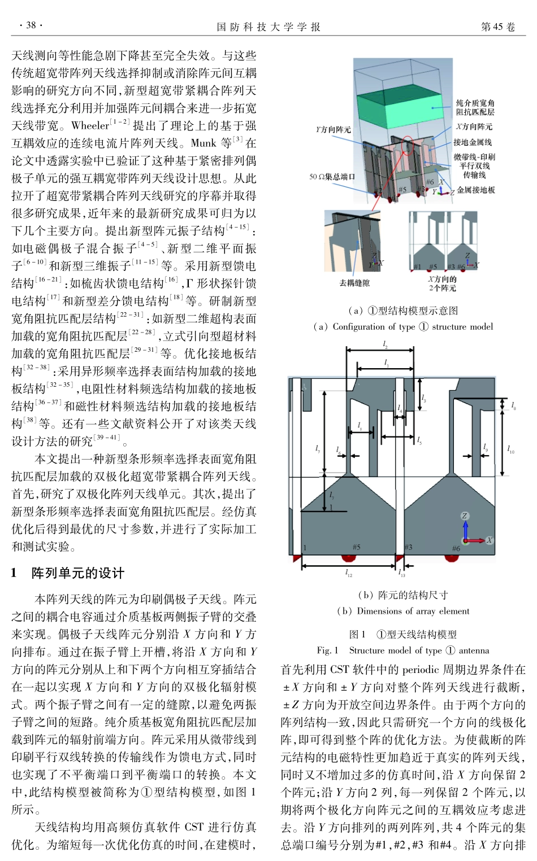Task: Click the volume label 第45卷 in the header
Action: click(x=497, y=27)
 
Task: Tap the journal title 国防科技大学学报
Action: click(x=268, y=27)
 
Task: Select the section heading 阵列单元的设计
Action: click(x=78, y=573)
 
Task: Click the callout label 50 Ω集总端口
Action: click(x=332, y=177)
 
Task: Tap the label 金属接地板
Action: click(x=476, y=190)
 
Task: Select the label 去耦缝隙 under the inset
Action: click(x=354, y=283)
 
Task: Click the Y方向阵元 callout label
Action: click(x=334, y=129)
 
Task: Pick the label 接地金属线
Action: click(x=473, y=142)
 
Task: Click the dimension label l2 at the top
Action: click(x=386, y=344)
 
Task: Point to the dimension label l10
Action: click(x=510, y=449)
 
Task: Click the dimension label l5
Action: click(x=419, y=440)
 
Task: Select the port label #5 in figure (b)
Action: click(x=356, y=547)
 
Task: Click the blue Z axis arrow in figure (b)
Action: click(x=465, y=528)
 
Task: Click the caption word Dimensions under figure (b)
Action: click(x=378, y=611)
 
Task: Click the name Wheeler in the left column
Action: click(x=90, y=125)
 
